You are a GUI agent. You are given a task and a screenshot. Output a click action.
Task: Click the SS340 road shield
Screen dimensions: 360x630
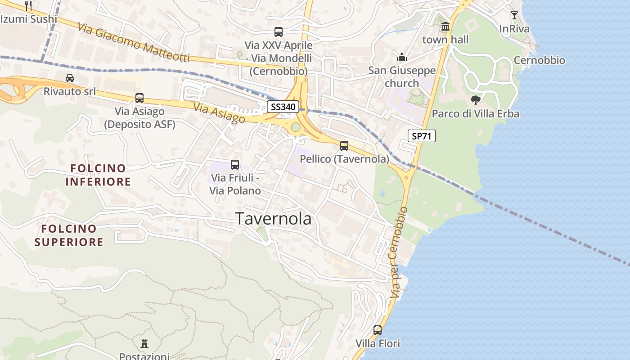pyautogui.click(x=283, y=107)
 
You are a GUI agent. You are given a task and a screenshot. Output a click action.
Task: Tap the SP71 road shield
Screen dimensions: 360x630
pyautogui.click(x=422, y=135)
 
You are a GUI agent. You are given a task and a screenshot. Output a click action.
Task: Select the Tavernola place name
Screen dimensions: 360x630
pyautogui.click(x=274, y=219)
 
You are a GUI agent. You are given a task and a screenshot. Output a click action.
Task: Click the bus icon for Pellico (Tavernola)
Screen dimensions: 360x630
pyautogui.click(x=344, y=145)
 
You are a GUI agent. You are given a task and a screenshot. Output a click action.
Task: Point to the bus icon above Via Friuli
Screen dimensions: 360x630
pyautogui.click(x=234, y=165)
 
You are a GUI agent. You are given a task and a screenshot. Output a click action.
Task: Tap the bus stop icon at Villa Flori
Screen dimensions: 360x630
pyautogui.click(x=378, y=330)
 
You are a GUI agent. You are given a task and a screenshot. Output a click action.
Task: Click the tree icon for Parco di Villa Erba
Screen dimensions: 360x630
pyautogui.click(x=475, y=100)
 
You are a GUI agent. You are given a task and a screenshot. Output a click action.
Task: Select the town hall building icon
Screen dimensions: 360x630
pyautogui.click(x=445, y=27)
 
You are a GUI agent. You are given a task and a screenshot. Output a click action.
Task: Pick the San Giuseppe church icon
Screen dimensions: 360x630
pyautogui.click(x=401, y=57)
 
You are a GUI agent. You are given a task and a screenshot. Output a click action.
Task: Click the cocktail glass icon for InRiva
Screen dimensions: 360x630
pyautogui.click(x=514, y=15)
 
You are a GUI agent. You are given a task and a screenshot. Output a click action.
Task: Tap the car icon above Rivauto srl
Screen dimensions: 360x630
pyautogui.click(x=70, y=78)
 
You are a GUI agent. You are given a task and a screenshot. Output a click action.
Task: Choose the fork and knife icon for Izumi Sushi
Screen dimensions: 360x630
pyautogui.click(x=28, y=5)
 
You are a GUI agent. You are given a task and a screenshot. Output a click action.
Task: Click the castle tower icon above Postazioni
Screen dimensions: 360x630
pyautogui.click(x=144, y=344)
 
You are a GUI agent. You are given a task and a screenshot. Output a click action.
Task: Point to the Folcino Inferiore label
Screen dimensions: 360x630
pyautogui.click(x=98, y=175)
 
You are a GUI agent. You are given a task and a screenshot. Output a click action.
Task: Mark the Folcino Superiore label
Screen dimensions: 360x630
pyautogui.click(x=69, y=235)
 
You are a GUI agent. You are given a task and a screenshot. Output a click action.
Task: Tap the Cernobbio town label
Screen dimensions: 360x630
pyautogui.click(x=539, y=60)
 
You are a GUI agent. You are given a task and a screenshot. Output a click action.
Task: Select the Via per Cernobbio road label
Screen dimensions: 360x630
pyautogui.click(x=399, y=252)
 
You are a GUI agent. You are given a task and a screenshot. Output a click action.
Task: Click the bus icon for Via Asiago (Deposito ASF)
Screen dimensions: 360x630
pyautogui.click(x=139, y=98)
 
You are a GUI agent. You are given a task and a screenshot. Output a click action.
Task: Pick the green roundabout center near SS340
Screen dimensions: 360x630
pyautogui.click(x=296, y=127)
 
